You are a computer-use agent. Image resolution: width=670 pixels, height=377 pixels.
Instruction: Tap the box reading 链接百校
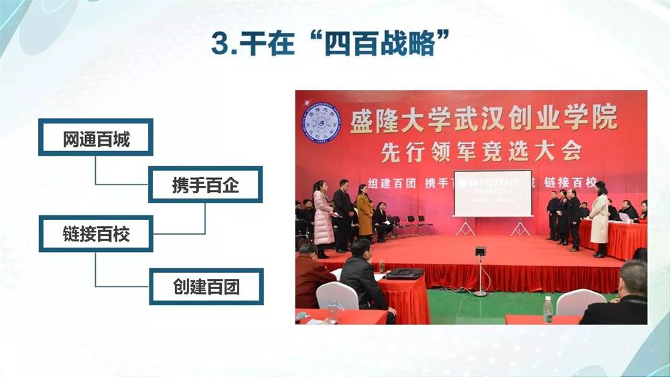coord(96,234)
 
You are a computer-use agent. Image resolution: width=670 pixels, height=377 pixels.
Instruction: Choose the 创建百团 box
coord(205,286)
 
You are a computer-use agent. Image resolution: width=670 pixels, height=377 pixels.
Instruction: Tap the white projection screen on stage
coord(492,193)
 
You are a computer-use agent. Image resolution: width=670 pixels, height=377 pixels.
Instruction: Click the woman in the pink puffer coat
coord(323,217)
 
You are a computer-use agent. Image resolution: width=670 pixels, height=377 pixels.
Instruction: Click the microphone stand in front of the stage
coord(480,272)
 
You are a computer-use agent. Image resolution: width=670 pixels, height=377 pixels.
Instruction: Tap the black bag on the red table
coord(405,273)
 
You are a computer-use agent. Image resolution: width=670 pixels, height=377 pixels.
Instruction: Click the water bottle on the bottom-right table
coord(548,309)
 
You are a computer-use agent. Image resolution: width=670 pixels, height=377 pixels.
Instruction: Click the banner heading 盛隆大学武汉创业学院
coord(482,121)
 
